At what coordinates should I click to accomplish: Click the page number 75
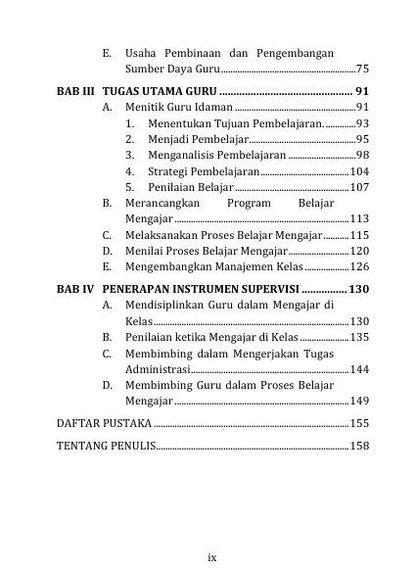361,71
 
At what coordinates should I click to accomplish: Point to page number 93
360,123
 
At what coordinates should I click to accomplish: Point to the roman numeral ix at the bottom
211,556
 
